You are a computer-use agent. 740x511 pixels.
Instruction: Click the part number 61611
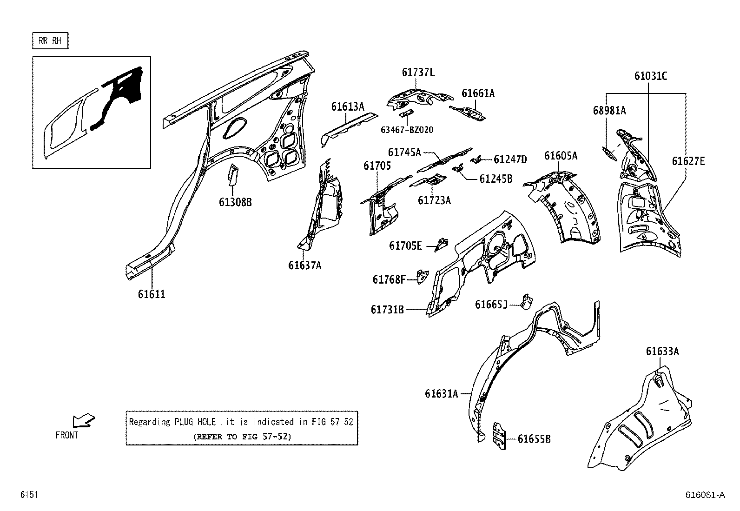[152, 294]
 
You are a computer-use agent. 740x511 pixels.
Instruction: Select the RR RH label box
[50, 41]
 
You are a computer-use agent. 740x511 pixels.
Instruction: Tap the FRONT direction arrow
[84, 421]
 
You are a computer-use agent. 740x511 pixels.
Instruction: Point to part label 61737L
[418, 73]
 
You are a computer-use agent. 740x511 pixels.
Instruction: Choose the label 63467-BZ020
[407, 130]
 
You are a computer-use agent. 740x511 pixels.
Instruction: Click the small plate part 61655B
[499, 436]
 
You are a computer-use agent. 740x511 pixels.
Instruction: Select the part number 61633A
[662, 352]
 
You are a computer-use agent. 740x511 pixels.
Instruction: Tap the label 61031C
[651, 76]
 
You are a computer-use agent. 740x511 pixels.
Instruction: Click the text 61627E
[688, 161]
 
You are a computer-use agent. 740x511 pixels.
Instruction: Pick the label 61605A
[561, 156]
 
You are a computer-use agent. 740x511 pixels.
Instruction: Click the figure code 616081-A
[705, 495]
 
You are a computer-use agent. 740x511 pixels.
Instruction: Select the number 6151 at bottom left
[28, 495]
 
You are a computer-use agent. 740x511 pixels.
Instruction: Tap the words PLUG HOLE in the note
[195, 422]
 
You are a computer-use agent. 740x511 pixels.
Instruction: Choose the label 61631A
[441, 394]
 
